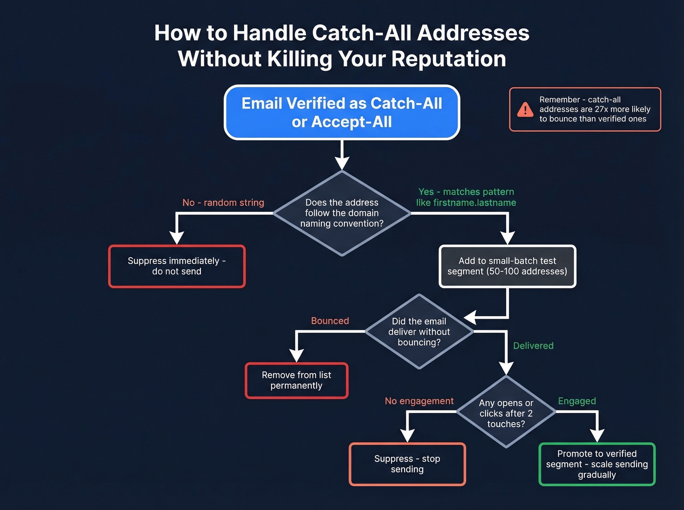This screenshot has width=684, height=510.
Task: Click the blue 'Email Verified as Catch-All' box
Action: pyautogui.click(x=342, y=113)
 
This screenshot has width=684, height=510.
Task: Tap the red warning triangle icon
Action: pyautogui.click(x=525, y=109)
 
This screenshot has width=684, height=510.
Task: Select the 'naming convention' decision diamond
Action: pyautogui.click(x=342, y=213)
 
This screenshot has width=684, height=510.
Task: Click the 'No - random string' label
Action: pyautogui.click(x=223, y=203)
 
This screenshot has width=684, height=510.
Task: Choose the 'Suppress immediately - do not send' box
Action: pyautogui.click(x=176, y=266)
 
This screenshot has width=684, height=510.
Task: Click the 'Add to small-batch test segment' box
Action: pyautogui.click(x=507, y=266)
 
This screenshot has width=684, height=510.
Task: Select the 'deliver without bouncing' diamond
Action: pyautogui.click(x=419, y=332)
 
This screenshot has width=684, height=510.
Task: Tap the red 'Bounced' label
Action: pyautogui.click(x=330, y=321)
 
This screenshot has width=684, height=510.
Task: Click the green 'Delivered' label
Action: pyautogui.click(x=533, y=346)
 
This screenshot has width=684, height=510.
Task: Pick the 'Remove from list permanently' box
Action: pyautogui.click(x=296, y=381)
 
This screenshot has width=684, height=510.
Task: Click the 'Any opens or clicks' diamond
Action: pyautogui.click(x=506, y=413)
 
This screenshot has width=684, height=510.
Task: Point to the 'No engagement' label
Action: pyautogui.click(x=419, y=401)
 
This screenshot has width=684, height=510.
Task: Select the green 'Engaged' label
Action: pyautogui.click(x=577, y=401)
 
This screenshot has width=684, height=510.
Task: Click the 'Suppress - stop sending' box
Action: pyautogui.click(x=407, y=464)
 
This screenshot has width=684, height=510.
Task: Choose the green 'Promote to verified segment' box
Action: pyautogui.click(x=597, y=464)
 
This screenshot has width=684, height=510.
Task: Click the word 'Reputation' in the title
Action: pyautogui.click(x=448, y=59)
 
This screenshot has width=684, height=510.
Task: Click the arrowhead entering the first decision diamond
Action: pyautogui.click(x=342, y=163)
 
